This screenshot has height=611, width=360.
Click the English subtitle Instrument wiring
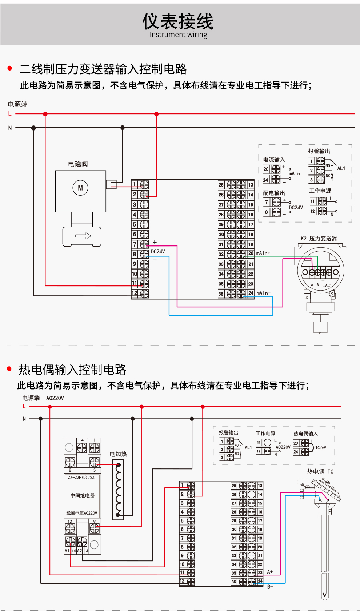tap(178, 35)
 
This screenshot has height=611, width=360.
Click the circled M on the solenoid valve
tap(80, 188)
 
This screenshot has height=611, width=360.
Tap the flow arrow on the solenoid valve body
tap(83, 236)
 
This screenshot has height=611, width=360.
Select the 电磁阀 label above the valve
tap(78, 164)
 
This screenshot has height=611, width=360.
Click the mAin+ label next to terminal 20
tap(263, 253)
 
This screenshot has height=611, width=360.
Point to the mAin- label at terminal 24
tap(264, 293)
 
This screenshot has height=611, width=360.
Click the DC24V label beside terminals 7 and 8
tap(158, 252)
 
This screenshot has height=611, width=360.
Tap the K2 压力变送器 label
tap(319, 239)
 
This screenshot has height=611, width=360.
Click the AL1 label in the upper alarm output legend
tap(341, 168)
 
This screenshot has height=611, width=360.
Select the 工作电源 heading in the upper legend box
tap(320, 191)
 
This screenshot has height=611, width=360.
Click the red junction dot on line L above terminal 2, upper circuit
tap(156, 114)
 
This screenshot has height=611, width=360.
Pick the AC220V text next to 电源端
tap(55, 398)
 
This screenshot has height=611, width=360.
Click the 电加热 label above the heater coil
tap(118, 454)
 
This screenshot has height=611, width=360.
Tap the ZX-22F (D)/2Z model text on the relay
tap(81, 478)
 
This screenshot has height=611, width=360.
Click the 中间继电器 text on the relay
tap(83, 495)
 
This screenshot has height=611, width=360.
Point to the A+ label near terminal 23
tap(270, 572)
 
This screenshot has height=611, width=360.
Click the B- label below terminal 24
tap(270, 587)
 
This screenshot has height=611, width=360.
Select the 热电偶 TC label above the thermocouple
tap(320, 472)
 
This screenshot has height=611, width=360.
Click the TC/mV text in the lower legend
tap(321, 448)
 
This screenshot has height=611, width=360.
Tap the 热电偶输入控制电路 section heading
tap(73, 370)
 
